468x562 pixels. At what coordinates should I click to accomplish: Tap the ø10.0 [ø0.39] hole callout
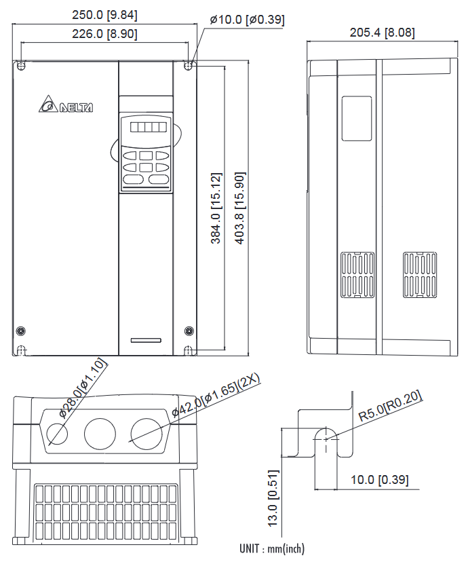click(x=247, y=20)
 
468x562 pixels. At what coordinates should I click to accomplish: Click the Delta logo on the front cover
click(x=66, y=107)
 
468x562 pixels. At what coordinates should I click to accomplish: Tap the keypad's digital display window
click(x=144, y=127)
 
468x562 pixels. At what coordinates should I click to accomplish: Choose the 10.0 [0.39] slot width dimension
click(x=379, y=480)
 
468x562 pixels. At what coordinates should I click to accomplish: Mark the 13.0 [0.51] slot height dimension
click(x=273, y=498)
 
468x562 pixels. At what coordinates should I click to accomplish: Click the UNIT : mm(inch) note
click(x=271, y=548)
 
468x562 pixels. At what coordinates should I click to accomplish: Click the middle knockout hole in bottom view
click(x=100, y=432)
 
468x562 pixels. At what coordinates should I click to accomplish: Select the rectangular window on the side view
click(x=357, y=118)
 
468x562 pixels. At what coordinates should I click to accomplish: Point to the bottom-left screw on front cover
click(x=20, y=331)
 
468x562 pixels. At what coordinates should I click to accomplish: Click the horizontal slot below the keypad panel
click(x=146, y=339)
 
